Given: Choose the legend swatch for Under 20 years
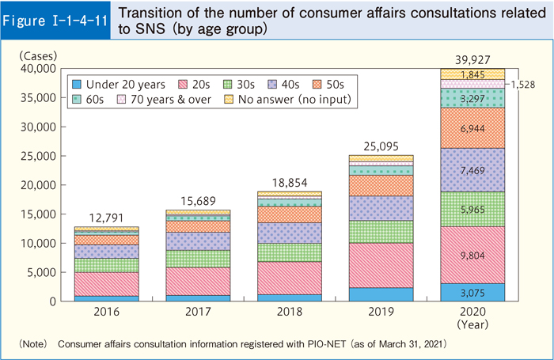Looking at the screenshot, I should [x=76, y=83].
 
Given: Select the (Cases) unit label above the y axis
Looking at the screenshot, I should [x=38, y=55].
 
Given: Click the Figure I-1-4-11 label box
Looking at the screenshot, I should [x=55, y=21].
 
